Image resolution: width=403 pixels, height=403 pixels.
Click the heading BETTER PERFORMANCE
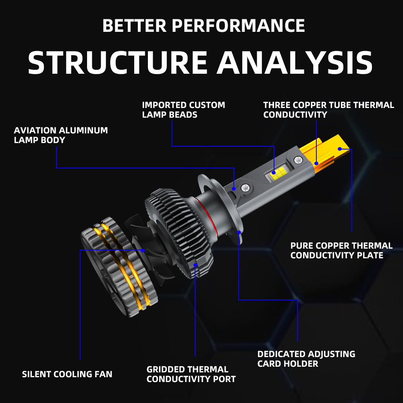(204, 26)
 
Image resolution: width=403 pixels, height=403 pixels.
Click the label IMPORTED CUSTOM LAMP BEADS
(183, 110)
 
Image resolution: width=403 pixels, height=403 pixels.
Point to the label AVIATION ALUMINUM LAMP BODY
(61, 135)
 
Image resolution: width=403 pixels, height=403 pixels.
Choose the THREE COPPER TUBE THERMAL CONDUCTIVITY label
(328, 110)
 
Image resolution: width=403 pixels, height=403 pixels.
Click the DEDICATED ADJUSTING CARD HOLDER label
(306, 359)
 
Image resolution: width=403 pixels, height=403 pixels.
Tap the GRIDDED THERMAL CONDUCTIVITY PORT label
(191, 374)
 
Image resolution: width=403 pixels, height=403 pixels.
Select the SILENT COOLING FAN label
(67, 374)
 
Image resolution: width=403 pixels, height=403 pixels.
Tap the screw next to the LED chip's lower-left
(245, 187)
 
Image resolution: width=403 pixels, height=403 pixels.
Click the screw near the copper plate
(299, 160)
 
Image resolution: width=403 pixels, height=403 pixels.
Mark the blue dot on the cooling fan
(143, 250)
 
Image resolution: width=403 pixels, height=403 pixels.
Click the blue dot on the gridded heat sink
(195, 265)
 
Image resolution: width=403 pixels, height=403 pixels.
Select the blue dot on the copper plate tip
(339, 149)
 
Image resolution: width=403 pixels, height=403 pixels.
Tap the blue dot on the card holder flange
(239, 232)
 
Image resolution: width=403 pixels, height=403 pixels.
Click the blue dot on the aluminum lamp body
(234, 188)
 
